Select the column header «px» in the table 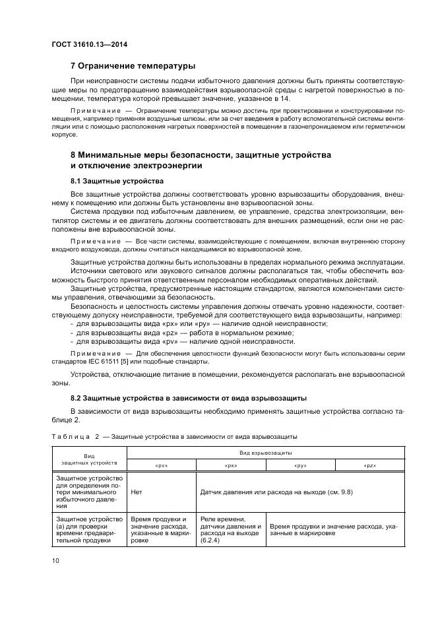tap(231, 465)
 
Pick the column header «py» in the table tap(301, 465)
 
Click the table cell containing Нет tap(137, 492)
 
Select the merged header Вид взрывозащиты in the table tap(266, 453)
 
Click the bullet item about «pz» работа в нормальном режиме tap(182, 333)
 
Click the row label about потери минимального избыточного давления tap(89, 492)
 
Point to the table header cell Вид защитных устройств tap(89, 459)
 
